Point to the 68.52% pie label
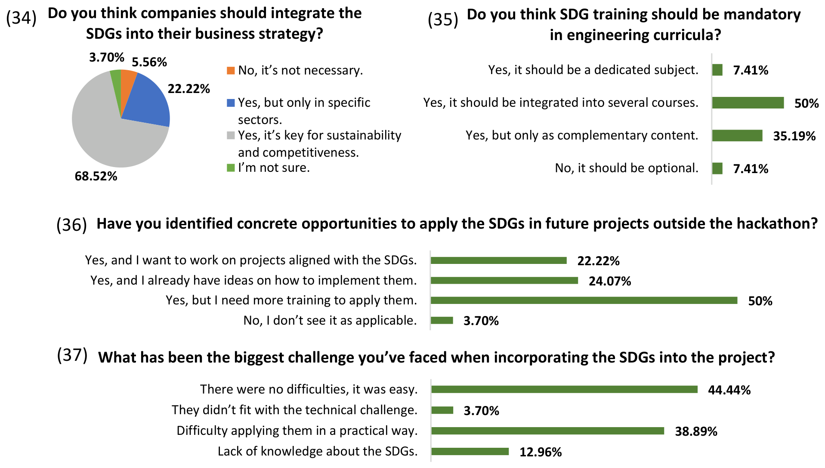(96, 176)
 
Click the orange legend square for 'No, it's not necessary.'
(231, 70)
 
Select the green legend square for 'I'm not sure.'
(231, 167)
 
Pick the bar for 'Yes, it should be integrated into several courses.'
(748, 102)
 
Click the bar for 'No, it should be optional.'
(717, 168)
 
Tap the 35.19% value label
(794, 136)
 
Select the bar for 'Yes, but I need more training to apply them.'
(584, 300)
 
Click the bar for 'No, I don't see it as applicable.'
(442, 320)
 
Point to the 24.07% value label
(610, 281)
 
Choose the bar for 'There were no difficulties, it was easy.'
(564, 389)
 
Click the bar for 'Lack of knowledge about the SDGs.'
(470, 451)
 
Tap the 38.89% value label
(696, 431)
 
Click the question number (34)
(21, 18)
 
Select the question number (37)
(72, 355)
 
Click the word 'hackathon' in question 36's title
(777, 224)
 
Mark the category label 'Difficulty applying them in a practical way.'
(297, 431)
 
